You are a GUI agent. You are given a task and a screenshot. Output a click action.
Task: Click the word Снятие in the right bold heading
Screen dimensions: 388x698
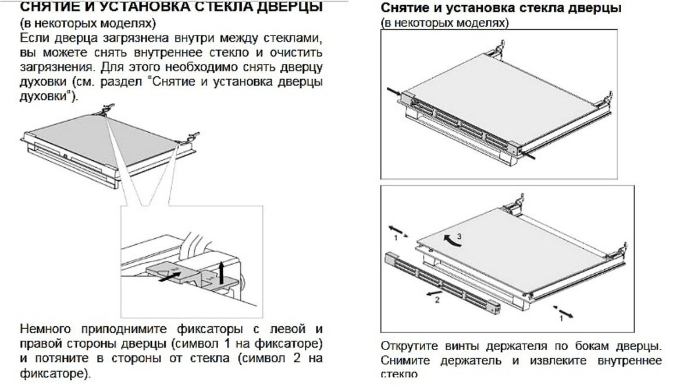pyautogui.click(x=404, y=9)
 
